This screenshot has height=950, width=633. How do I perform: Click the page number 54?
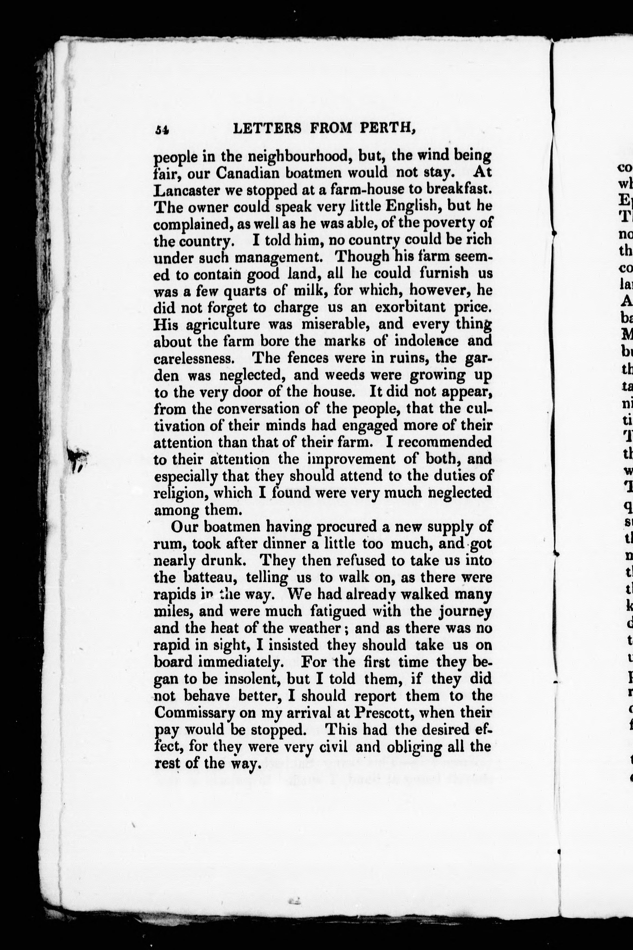click(162, 129)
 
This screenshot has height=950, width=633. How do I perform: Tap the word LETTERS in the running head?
click(268, 128)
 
